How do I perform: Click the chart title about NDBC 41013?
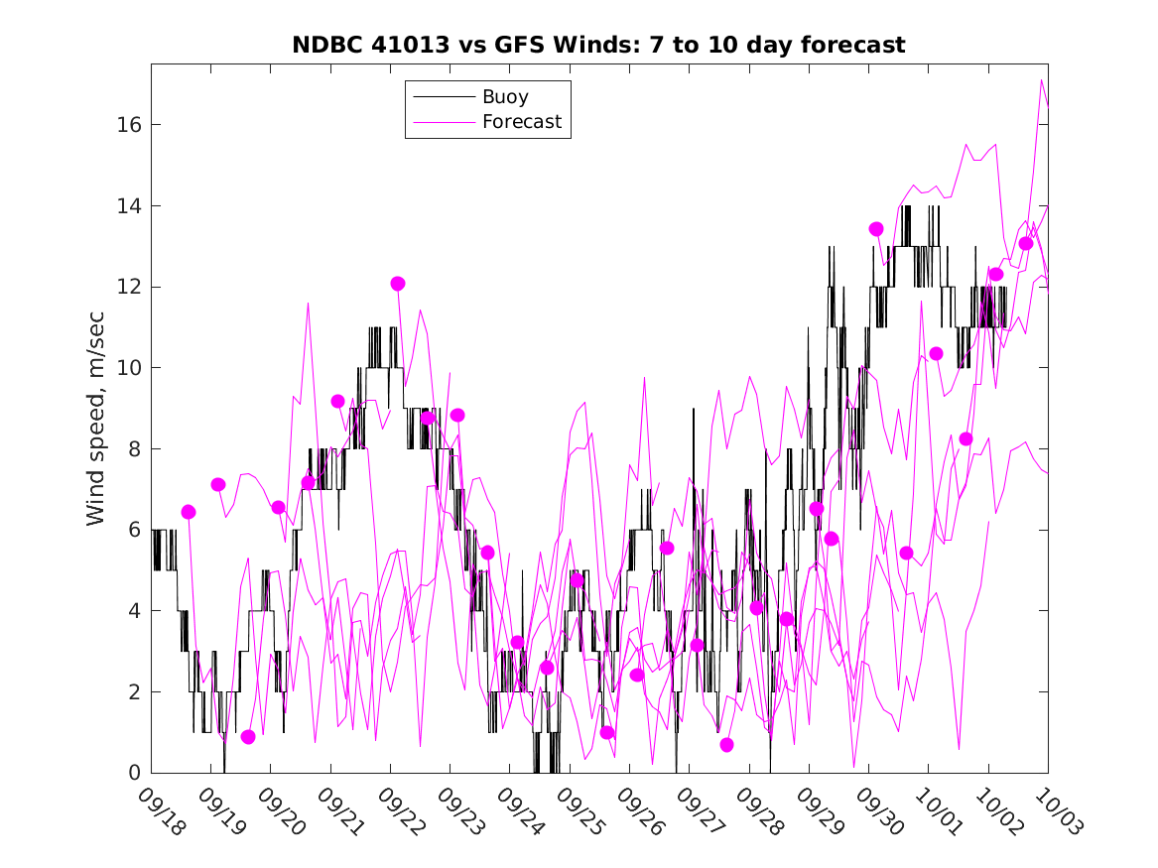(x=598, y=46)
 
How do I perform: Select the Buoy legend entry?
(x=505, y=97)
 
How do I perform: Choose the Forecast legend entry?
(x=521, y=122)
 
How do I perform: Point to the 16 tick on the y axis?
(x=129, y=125)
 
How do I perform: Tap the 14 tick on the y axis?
(x=129, y=206)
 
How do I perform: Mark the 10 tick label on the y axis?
(x=129, y=368)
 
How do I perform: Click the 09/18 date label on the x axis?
(x=162, y=811)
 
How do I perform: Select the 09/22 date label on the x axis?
(x=401, y=811)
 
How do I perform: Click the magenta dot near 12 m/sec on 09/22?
(x=398, y=284)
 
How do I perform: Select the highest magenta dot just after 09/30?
(x=876, y=229)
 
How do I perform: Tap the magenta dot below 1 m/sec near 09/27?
(x=726, y=745)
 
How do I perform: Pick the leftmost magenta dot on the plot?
(x=189, y=512)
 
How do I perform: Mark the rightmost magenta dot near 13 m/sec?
(x=1026, y=244)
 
